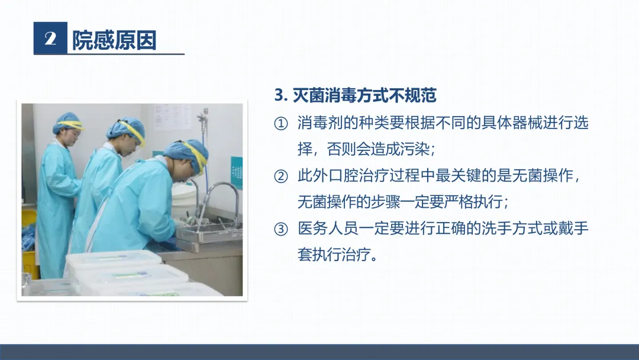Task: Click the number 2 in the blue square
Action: pos(50,38)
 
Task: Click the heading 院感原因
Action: pos(114,40)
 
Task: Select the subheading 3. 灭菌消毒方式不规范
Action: pos(356,95)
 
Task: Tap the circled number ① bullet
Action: pos(281,123)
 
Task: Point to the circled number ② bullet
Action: pos(281,176)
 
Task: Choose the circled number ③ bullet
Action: pos(281,229)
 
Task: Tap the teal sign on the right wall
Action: pos(236,173)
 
